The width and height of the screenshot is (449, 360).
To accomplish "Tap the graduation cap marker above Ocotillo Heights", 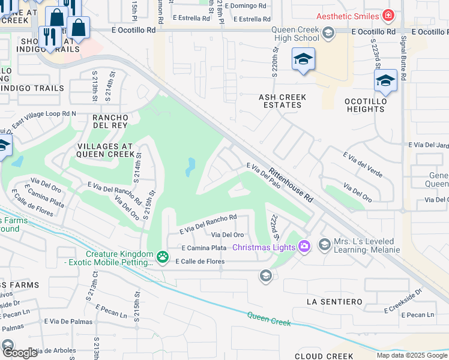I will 385,80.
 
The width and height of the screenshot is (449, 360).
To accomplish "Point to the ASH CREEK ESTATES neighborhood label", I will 282,101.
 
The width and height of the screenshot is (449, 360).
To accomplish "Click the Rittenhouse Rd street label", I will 291,184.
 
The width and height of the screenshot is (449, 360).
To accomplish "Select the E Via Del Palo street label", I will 264,173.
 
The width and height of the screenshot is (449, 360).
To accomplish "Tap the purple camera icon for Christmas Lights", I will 304,247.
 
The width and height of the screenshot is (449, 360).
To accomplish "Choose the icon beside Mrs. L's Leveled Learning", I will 325,244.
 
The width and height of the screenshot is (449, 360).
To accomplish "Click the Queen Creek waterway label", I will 268,319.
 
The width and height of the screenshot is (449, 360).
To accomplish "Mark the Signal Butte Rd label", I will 403,57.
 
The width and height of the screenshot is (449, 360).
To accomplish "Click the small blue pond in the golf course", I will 190,167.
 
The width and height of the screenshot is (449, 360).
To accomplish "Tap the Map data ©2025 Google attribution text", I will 411,355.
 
